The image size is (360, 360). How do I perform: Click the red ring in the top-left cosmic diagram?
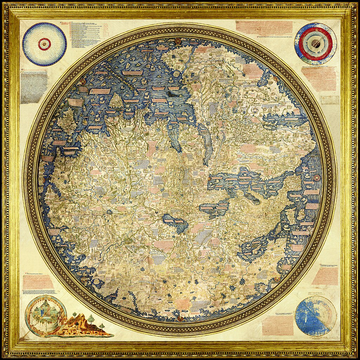coord(44,44)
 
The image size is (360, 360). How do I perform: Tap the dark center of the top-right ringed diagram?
coord(316,44)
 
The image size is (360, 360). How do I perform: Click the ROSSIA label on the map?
coord(232,277)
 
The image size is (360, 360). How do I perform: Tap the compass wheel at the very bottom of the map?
coord(181,319)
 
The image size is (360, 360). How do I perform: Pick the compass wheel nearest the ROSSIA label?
coord(277,279)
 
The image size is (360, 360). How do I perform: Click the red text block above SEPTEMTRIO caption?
coord(324,276)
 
